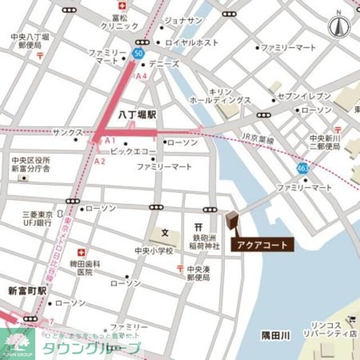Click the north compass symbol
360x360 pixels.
(338, 25)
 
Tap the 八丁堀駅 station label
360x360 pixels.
(138, 114)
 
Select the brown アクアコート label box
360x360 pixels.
(262, 245)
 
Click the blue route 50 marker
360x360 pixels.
(138, 53)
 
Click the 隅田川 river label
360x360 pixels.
(276, 336)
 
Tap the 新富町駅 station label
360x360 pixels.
(27, 291)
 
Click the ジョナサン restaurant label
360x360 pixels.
(183, 21)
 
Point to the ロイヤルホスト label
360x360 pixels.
(191, 42)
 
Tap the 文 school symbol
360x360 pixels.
(165, 232)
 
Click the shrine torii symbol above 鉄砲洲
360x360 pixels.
(197, 227)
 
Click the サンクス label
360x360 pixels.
(67, 132)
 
